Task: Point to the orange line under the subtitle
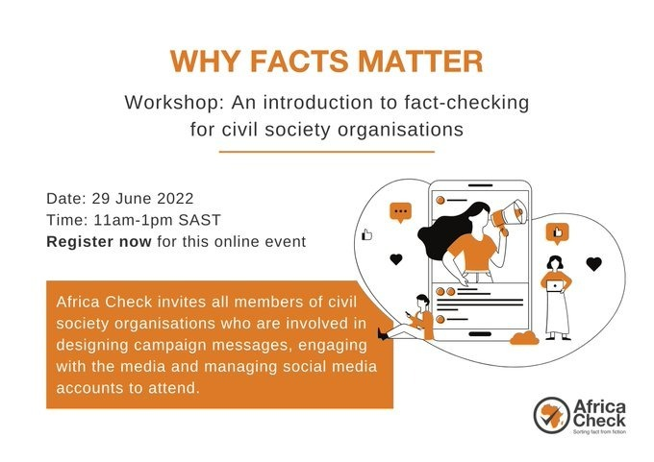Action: click(327, 151)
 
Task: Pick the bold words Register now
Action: click(99, 242)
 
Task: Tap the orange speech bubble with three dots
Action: click(400, 212)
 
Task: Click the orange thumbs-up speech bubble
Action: click(558, 231)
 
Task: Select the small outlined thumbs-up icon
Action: click(366, 234)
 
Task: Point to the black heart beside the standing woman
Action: click(593, 263)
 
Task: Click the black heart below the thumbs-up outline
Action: click(394, 259)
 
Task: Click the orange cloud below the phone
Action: click(524, 337)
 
